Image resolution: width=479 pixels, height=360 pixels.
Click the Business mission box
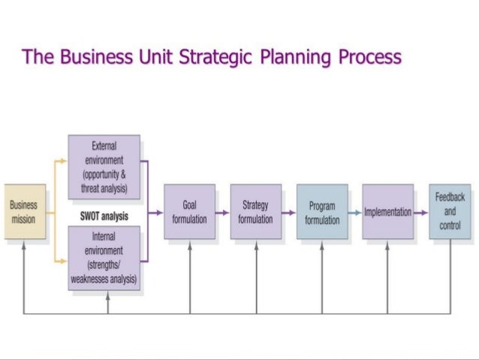click(x=24, y=211)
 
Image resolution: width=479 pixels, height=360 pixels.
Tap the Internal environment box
click(x=104, y=259)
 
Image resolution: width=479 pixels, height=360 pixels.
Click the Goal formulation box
click(x=189, y=211)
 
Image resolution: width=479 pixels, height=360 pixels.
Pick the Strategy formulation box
click(x=255, y=211)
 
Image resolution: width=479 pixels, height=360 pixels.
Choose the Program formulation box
click(x=322, y=211)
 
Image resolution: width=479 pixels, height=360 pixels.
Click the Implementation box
click(x=387, y=211)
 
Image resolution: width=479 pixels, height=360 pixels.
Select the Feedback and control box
click(x=450, y=211)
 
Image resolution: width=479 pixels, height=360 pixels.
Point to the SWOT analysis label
click(x=104, y=216)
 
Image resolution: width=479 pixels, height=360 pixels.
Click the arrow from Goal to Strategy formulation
click(x=222, y=213)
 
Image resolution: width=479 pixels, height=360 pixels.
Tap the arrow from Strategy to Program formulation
click(x=288, y=213)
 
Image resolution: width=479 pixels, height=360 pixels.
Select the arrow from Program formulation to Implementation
click(x=354, y=213)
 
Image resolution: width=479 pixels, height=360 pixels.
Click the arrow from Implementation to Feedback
click(x=421, y=213)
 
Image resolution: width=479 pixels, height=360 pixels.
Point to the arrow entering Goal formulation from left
click(x=156, y=213)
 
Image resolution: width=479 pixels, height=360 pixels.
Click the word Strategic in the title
click(x=208, y=57)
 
